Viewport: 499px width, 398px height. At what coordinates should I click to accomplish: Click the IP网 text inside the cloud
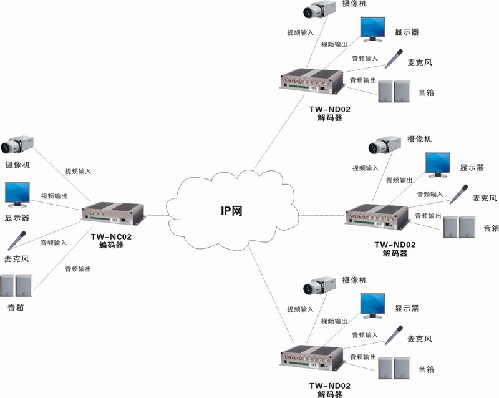(231, 211)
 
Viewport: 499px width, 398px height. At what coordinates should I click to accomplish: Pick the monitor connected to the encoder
(17, 195)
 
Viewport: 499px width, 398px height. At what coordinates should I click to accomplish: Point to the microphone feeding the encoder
(17, 240)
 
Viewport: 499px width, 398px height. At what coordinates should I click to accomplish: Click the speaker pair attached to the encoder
(16, 286)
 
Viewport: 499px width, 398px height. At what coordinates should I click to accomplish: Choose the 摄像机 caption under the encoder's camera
(18, 165)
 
